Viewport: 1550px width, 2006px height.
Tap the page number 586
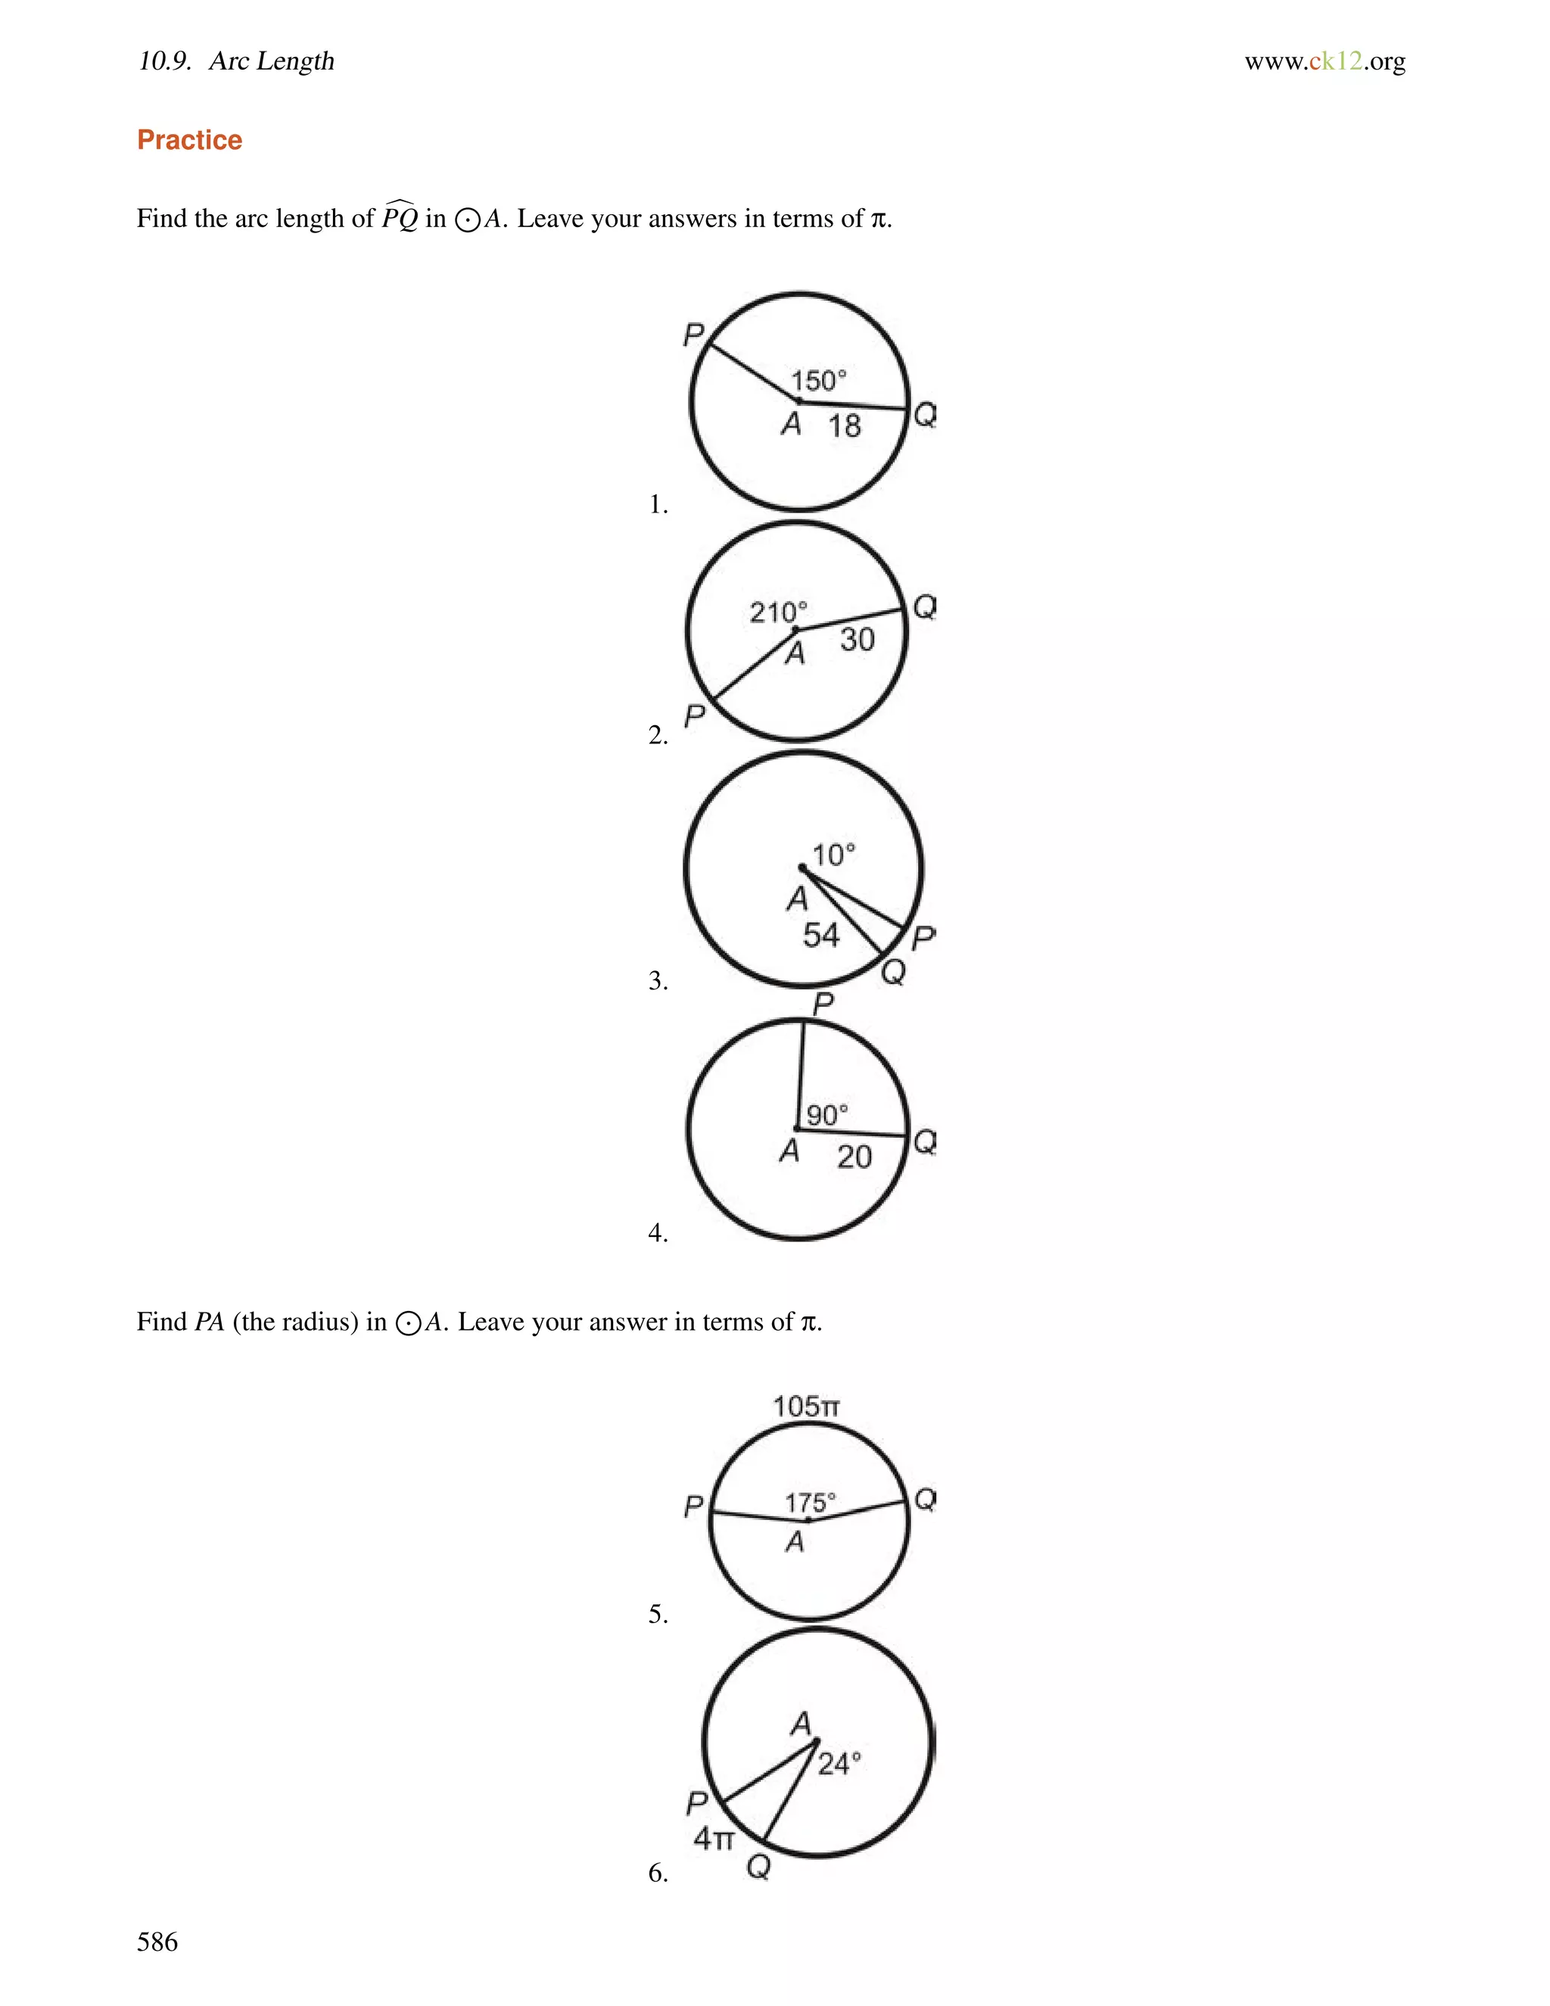[157, 1941]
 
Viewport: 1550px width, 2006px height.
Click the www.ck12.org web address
[1324, 61]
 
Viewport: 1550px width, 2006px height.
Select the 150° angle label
[818, 380]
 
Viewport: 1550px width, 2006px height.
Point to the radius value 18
[844, 425]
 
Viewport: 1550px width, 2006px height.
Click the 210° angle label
[778, 612]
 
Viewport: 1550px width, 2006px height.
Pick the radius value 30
[857, 640]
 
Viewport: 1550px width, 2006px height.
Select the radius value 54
[821, 935]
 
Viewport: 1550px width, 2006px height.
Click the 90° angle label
[826, 1115]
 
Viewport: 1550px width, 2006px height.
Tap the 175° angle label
[810, 1503]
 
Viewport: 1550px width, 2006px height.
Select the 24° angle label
[839, 1764]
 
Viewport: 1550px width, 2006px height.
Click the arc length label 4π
[714, 1838]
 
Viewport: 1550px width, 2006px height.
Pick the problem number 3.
[658, 981]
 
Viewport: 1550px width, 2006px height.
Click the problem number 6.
[658, 1872]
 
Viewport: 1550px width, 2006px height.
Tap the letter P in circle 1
[693, 335]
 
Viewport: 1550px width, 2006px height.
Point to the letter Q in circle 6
[758, 1867]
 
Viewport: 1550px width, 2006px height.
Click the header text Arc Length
[271, 61]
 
